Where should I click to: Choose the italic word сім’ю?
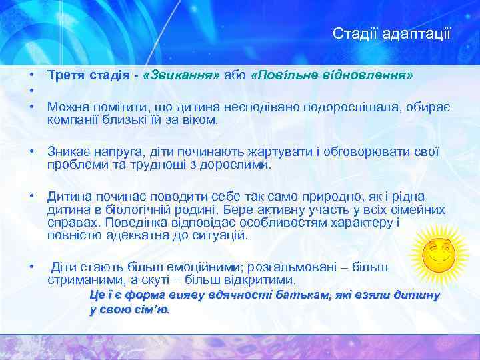(152, 309)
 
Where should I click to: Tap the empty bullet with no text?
(31, 91)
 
